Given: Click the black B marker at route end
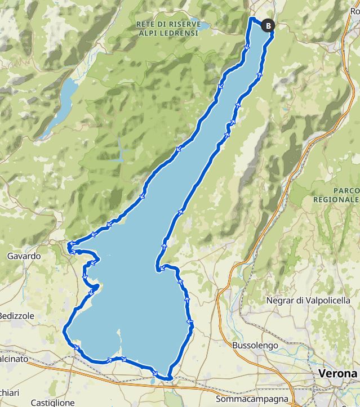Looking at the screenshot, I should pos(268,25).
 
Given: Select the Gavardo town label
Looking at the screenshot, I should pos(24,256).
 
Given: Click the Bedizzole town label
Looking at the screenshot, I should pos(17,316).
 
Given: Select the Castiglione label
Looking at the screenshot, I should pos(52,402).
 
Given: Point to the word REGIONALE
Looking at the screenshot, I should pos(338,199).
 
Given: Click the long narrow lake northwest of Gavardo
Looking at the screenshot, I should pos(60,104).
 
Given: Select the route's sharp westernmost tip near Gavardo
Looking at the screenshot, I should pos(68,246).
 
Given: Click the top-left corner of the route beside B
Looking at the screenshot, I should pos(250,19).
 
